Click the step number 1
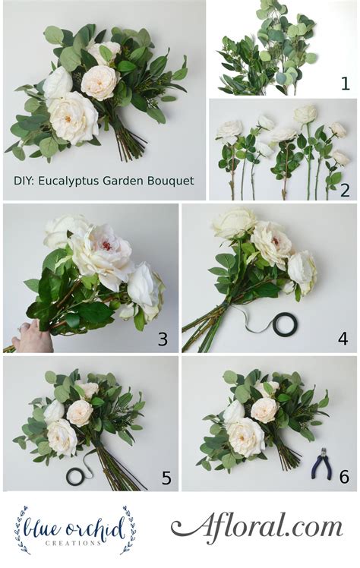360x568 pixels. click(x=345, y=84)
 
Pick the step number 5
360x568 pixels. click(x=166, y=478)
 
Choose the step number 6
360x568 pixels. click(x=343, y=477)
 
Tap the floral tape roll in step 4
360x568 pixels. click(x=286, y=326)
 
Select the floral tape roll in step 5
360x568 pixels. click(x=77, y=476)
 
